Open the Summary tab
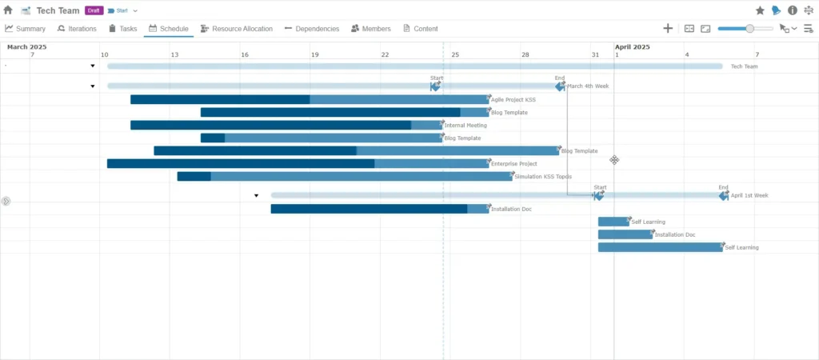click(26, 29)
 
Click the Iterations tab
click(77, 29)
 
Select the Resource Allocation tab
click(236, 29)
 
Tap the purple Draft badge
click(94, 10)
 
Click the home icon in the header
click(8, 10)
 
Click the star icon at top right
click(760, 10)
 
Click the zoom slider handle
click(749, 29)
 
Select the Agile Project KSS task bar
click(310, 100)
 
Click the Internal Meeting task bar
click(286, 126)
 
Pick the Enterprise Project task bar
click(298, 164)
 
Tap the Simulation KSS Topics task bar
click(344, 177)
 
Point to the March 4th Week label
click(588, 86)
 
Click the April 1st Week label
click(749, 195)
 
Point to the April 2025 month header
click(632, 46)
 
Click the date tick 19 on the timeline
click(315, 54)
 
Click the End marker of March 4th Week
click(560, 86)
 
